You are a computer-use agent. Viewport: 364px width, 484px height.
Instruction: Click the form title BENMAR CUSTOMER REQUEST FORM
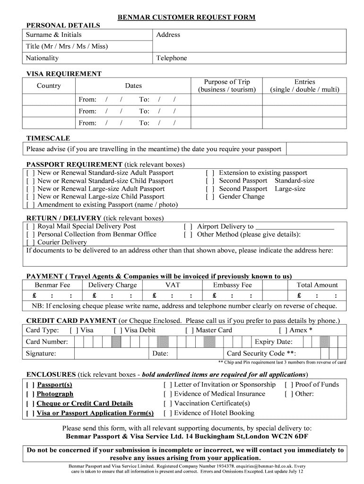[186, 17]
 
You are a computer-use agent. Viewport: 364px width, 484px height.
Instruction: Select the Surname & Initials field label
[53, 35]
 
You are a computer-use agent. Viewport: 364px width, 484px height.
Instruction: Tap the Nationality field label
[43, 58]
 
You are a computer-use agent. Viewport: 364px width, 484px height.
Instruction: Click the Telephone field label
[172, 58]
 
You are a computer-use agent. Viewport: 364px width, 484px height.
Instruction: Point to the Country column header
[49, 86]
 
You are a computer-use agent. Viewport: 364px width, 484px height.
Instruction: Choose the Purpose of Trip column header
[227, 86]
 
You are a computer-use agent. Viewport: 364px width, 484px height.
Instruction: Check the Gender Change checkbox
[210, 197]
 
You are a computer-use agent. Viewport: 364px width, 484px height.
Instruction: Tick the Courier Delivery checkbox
[31, 242]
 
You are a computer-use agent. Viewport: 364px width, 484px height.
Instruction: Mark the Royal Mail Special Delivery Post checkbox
[31, 226]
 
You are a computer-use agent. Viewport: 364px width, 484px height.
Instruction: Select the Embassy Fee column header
[232, 285]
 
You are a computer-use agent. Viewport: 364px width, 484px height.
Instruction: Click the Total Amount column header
[317, 285]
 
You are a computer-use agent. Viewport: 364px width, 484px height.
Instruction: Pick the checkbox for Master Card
[189, 330]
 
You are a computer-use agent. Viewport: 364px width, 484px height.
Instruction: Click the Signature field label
[41, 354]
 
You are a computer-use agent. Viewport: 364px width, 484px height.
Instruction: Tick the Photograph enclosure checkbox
[30, 394]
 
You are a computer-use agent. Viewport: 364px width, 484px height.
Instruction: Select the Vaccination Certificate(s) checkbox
[168, 404]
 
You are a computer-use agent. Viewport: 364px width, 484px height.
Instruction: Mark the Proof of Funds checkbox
[289, 385]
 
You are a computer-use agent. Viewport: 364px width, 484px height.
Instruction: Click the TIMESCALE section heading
[48, 138]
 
